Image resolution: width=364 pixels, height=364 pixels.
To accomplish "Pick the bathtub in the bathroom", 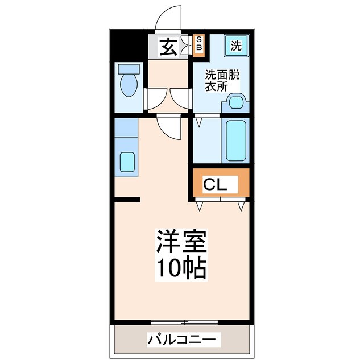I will [x=236, y=140].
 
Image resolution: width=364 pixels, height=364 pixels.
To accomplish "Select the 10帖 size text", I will [x=181, y=267].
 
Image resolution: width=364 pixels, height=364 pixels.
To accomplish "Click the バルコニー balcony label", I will [x=181, y=340].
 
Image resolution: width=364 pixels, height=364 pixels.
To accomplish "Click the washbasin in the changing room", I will [x=237, y=102].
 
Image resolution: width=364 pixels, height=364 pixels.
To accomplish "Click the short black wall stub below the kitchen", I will [x=126, y=199].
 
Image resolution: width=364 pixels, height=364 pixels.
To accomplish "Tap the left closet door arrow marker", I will [x=200, y=207].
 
